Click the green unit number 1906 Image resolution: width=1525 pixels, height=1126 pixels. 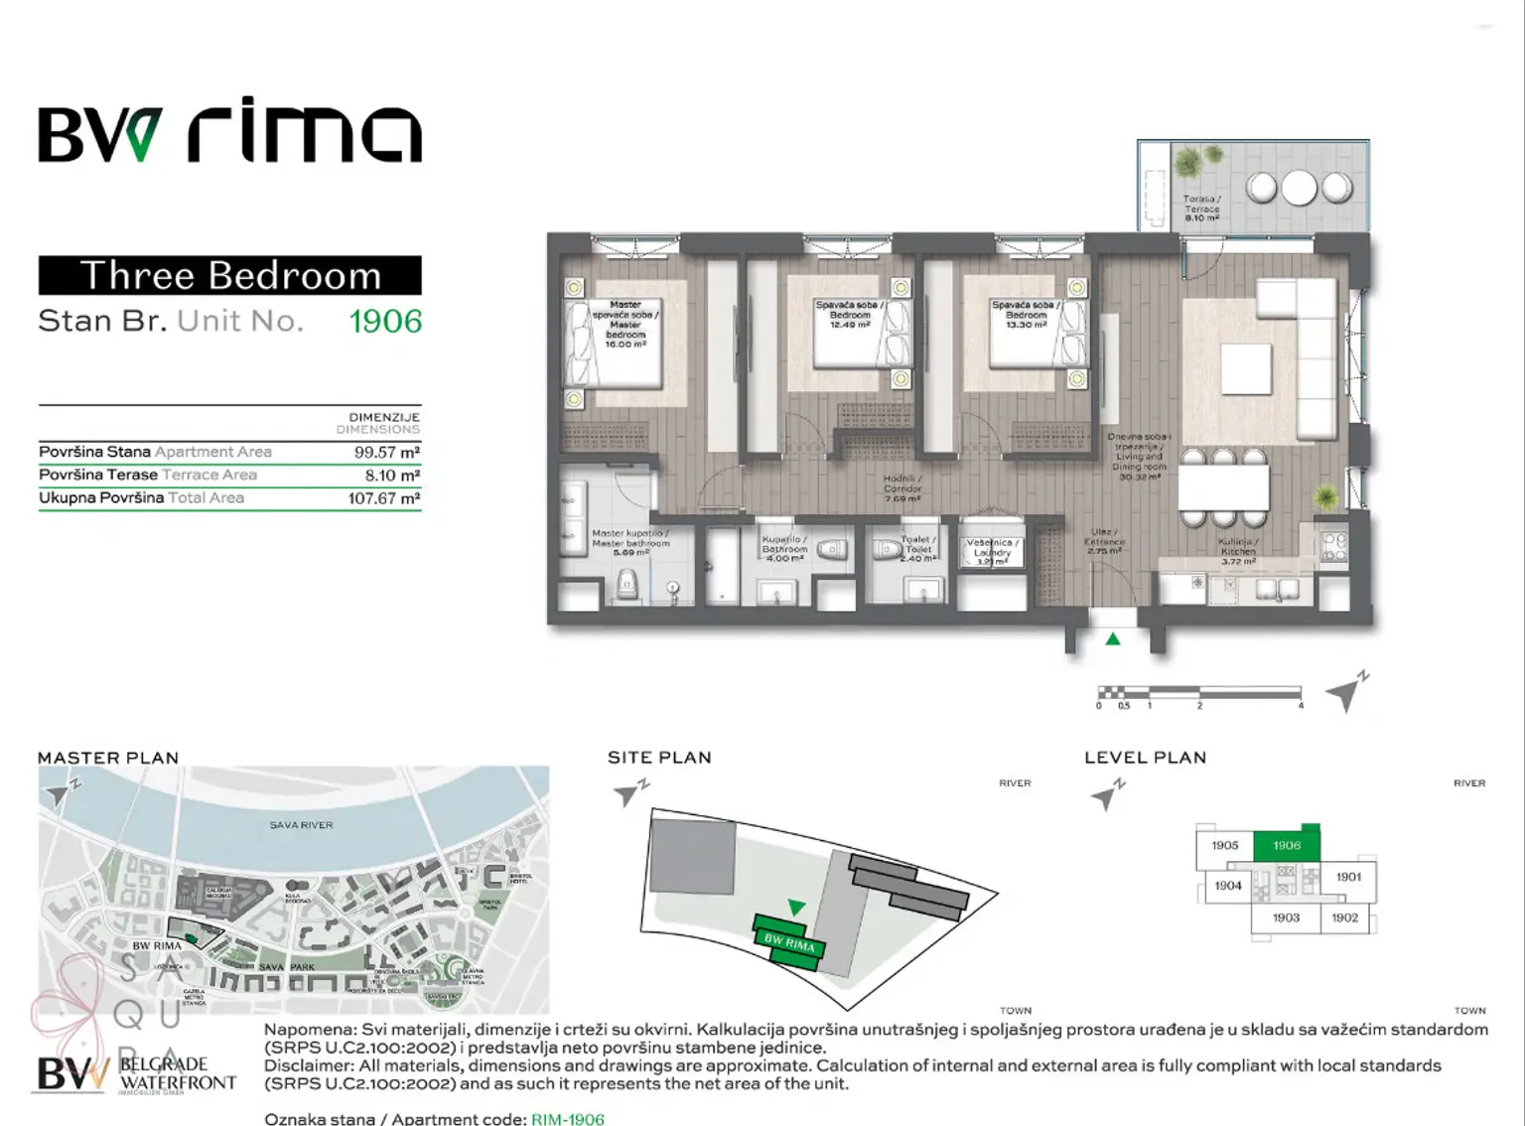tap(385, 322)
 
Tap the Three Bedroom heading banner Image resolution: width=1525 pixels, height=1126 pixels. tap(230, 275)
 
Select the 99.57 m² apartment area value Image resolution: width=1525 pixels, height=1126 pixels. tap(387, 452)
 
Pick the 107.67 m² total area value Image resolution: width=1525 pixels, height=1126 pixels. tap(384, 498)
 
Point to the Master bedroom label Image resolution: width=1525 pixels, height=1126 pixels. tap(625, 324)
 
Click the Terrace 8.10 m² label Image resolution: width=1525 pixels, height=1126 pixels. tap(1201, 209)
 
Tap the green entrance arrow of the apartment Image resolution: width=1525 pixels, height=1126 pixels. tap(1113, 639)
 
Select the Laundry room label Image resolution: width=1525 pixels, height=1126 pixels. tap(992, 552)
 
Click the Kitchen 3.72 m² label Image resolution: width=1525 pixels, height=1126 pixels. tap(1238, 552)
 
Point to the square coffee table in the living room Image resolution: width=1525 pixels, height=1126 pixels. tap(1246, 369)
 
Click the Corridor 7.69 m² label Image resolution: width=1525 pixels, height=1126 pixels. tap(902, 489)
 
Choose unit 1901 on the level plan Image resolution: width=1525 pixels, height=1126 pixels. tap(1348, 877)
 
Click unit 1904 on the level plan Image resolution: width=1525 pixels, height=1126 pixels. tap(1228, 886)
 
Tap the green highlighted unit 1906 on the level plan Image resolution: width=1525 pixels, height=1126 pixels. tap(1287, 845)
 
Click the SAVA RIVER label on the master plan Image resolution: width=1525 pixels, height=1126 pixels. tap(301, 825)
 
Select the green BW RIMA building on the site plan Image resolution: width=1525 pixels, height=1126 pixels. tap(789, 940)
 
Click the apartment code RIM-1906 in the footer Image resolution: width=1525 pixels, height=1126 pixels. tap(567, 1119)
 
